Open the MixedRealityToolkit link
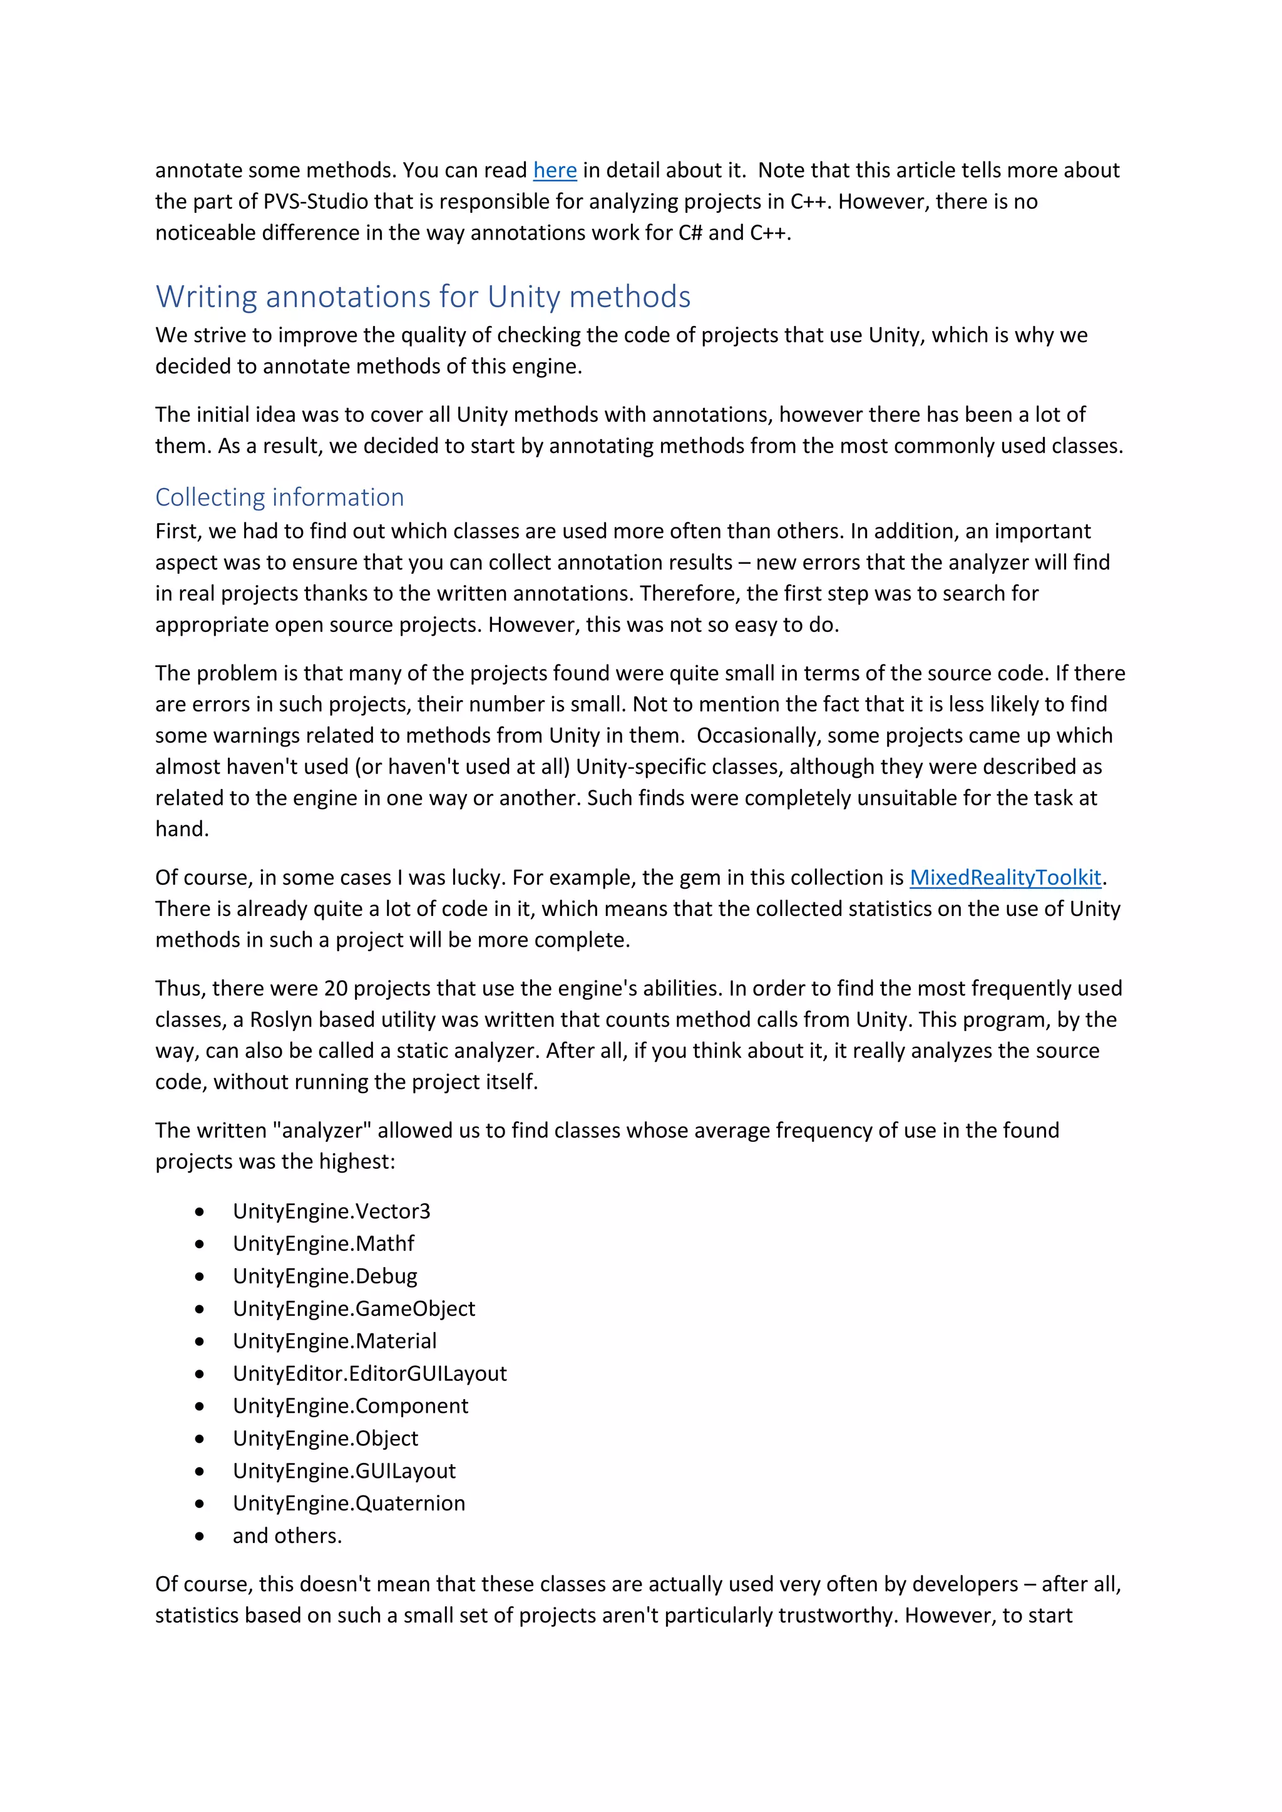click(x=1004, y=878)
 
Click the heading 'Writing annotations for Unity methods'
click(x=423, y=297)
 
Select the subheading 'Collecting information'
click(x=279, y=497)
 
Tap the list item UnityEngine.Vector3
click(x=332, y=1211)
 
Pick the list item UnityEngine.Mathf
click(x=323, y=1243)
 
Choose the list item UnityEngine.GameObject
click(x=354, y=1308)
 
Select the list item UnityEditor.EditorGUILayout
click(x=369, y=1373)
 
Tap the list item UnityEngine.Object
click(x=326, y=1438)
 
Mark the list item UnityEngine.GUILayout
click(x=344, y=1470)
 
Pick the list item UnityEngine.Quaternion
click(x=349, y=1503)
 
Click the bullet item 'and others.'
click(x=287, y=1536)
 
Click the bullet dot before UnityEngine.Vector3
click(x=200, y=1211)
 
